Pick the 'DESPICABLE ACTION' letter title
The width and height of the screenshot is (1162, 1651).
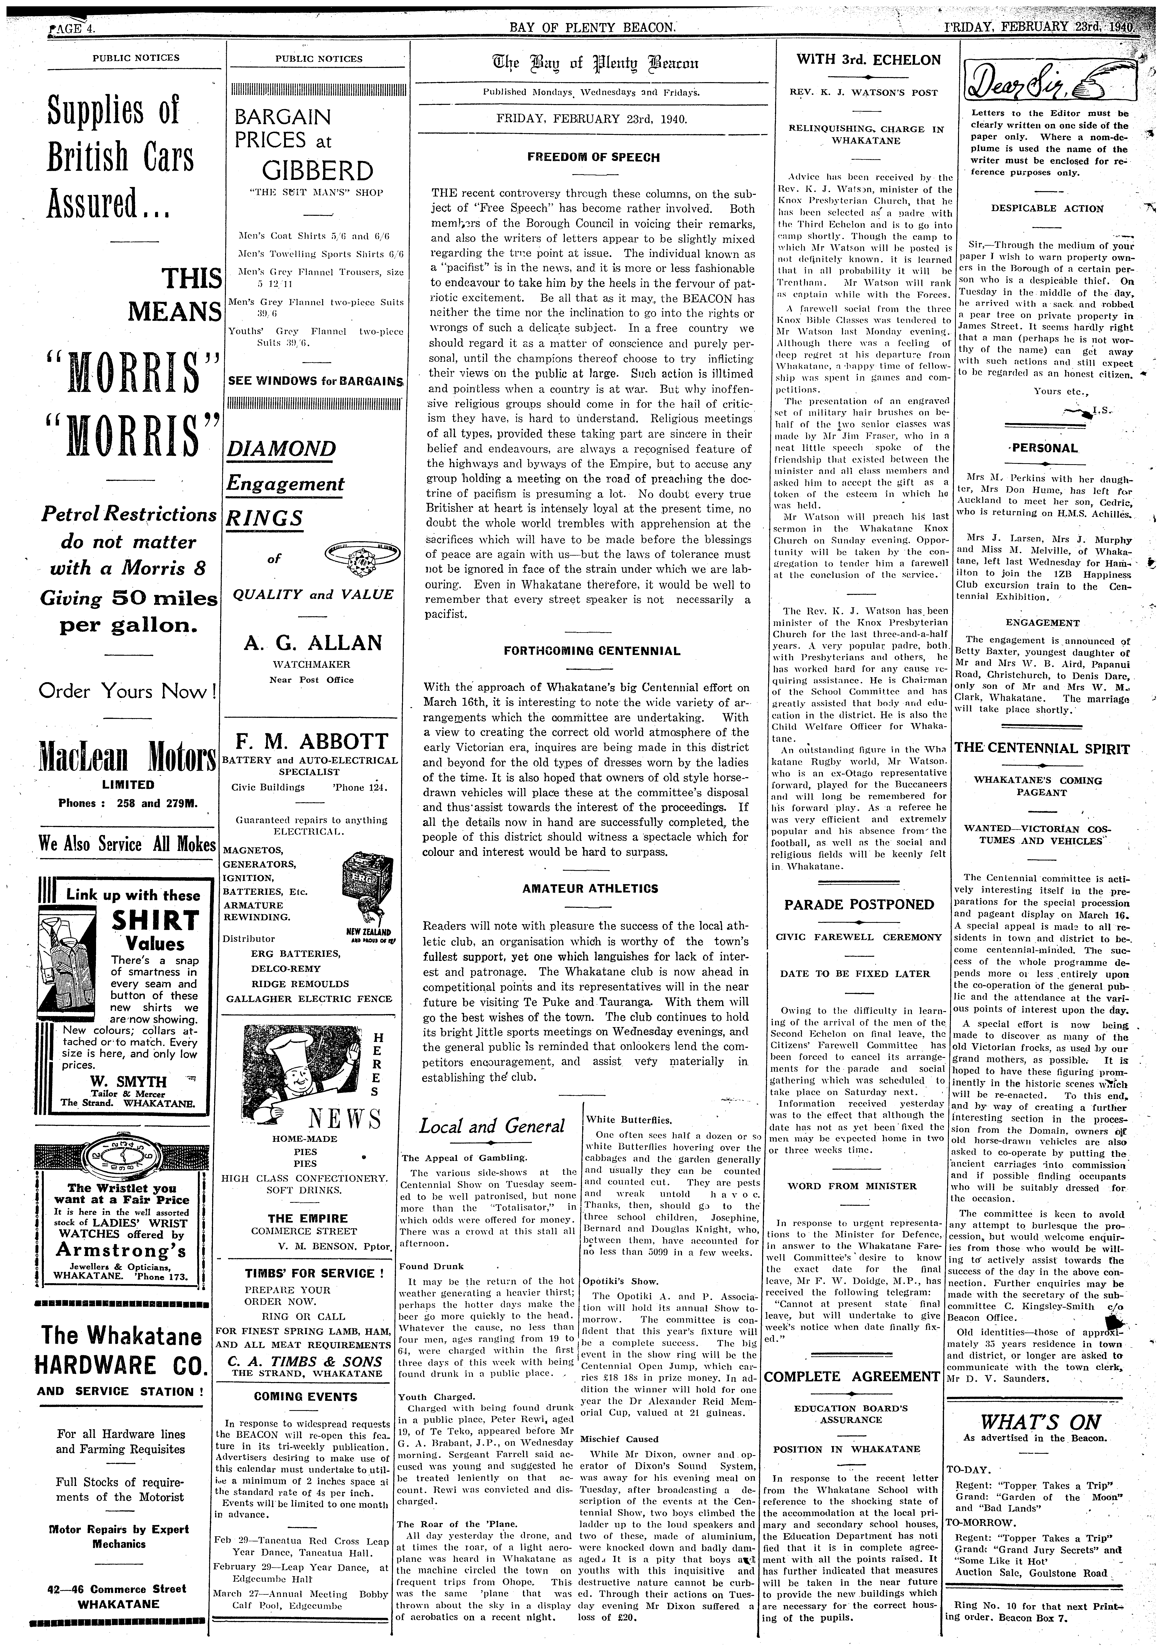coord(1047,208)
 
